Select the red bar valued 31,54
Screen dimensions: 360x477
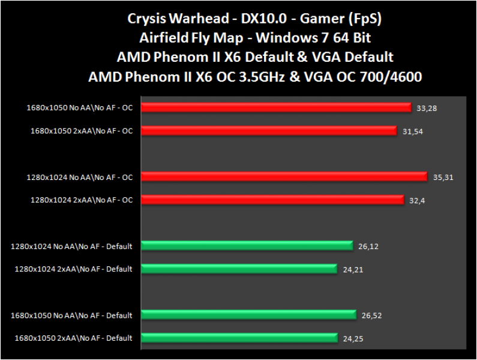coord(269,130)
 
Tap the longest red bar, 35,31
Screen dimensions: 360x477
coord(286,177)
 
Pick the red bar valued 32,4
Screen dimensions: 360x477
coord(272,199)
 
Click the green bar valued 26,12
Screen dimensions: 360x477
coord(247,245)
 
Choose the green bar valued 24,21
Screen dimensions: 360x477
coord(239,268)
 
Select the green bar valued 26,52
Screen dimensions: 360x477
coord(249,315)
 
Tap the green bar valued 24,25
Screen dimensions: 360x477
coord(240,338)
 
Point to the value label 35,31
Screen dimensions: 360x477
coord(442,177)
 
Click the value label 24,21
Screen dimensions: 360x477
coord(352,269)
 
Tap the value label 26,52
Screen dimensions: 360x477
coord(371,316)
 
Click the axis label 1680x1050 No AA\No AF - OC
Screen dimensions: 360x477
coord(79,108)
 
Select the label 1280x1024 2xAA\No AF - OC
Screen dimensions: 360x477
coord(82,200)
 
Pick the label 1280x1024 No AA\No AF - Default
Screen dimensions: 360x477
coord(71,246)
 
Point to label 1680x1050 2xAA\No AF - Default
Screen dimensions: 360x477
coord(74,338)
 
